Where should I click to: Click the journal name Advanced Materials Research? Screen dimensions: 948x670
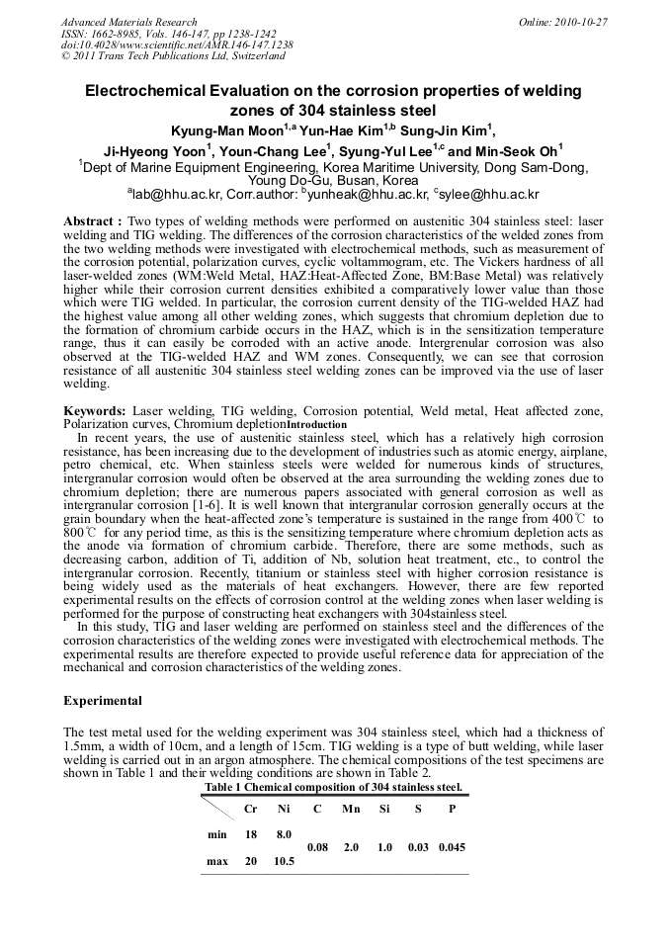[x=128, y=22]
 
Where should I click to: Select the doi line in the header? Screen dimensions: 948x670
[x=177, y=45]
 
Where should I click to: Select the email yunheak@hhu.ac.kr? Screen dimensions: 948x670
[x=365, y=195]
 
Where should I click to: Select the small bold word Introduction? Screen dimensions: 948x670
[x=316, y=424]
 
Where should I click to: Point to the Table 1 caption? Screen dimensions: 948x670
[x=333, y=787]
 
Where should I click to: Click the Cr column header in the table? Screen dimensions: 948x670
[x=251, y=809]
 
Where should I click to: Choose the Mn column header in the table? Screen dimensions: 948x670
[x=351, y=809]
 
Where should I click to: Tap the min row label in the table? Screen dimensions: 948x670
[x=217, y=834]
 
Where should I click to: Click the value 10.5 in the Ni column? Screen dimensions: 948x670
[x=284, y=861]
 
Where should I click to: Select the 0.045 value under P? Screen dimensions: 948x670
[x=452, y=847]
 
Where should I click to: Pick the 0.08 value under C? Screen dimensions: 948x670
[x=317, y=847]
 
